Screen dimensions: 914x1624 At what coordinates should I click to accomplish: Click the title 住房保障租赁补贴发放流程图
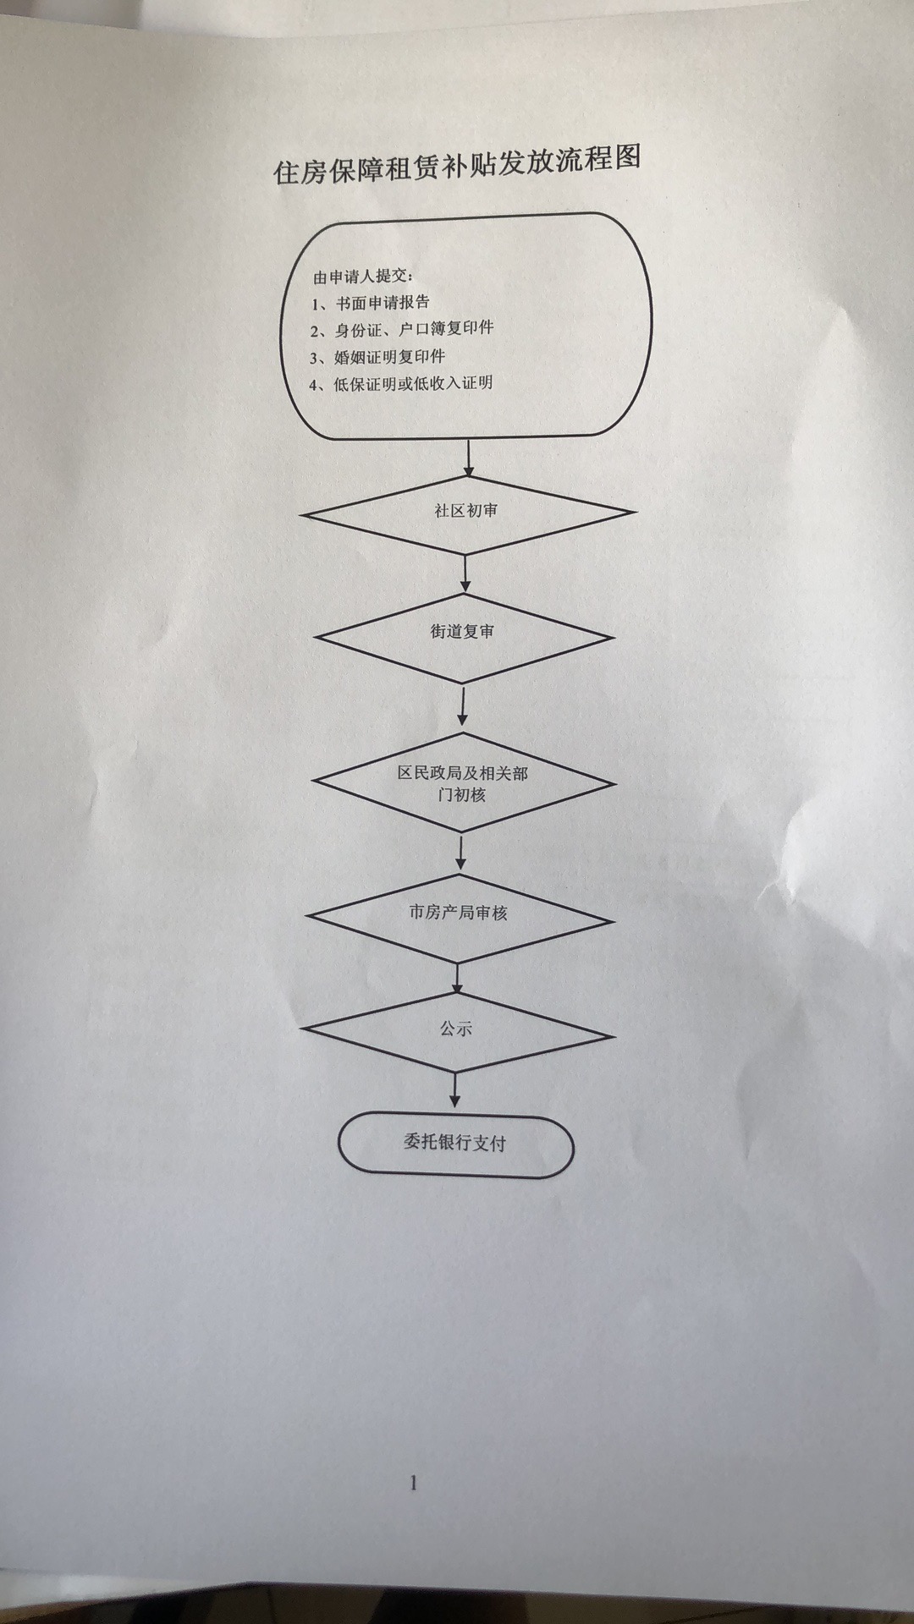point(457,163)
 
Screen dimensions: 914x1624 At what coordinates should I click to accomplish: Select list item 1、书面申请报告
point(370,302)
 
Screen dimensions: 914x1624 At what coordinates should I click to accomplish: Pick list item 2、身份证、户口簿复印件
point(401,329)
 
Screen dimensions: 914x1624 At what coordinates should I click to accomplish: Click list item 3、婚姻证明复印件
point(377,356)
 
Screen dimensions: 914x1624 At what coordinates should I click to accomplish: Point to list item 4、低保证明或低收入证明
point(400,383)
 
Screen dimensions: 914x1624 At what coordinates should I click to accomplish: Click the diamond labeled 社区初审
point(466,513)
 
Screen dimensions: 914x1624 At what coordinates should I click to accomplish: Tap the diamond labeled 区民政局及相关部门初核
point(463,783)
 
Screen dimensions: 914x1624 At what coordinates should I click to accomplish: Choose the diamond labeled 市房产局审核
point(459,916)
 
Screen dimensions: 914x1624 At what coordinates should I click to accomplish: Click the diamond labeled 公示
point(458,1033)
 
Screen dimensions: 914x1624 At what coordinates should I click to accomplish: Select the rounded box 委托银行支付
point(455,1145)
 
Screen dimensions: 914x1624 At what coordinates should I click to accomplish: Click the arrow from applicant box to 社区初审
point(469,457)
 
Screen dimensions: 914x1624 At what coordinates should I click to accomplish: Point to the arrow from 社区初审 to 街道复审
point(465,573)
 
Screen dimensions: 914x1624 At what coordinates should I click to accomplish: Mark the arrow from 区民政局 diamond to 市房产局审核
point(460,852)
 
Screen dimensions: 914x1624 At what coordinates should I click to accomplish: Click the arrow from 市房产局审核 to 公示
point(458,979)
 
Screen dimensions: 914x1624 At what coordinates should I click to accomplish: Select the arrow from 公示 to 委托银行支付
point(455,1090)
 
